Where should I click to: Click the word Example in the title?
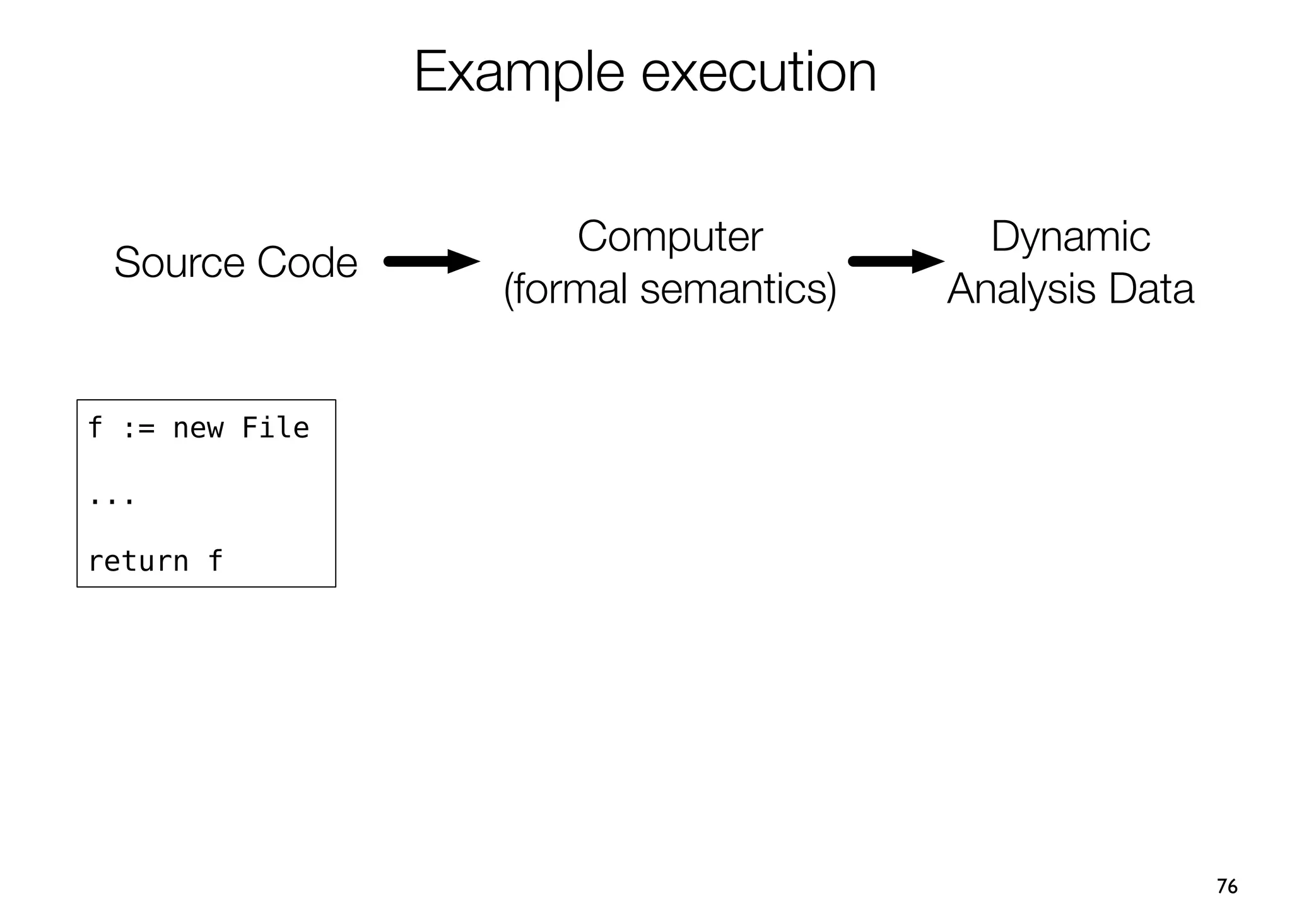pyautogui.click(x=519, y=73)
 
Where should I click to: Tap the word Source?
pyautogui.click(x=179, y=262)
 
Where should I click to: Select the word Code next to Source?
pyautogui.click(x=307, y=262)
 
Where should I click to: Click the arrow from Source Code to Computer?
pyautogui.click(x=432, y=261)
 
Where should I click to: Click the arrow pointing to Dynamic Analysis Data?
pyautogui.click(x=896, y=261)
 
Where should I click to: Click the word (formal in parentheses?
pyautogui.click(x=565, y=289)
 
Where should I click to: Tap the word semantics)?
pyautogui.click(x=738, y=289)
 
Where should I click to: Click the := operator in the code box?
pyautogui.click(x=138, y=429)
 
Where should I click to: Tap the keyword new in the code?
pyautogui.click(x=198, y=429)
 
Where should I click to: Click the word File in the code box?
pyautogui.click(x=276, y=429)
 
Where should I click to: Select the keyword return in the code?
pyautogui.click(x=138, y=561)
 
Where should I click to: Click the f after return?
pyautogui.click(x=215, y=560)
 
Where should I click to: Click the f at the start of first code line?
pyautogui.click(x=95, y=427)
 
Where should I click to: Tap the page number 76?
pyautogui.click(x=1226, y=886)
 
